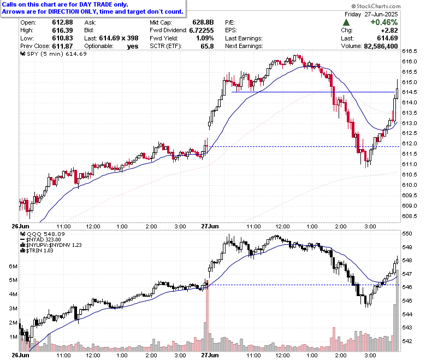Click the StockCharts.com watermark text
click(376, 6)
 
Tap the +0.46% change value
click(384, 22)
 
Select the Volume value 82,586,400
click(381, 46)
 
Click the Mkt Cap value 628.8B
click(203, 22)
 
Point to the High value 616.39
click(62, 30)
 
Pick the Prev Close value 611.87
click(62, 46)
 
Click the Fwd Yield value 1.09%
click(205, 38)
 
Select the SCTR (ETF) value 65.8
click(208, 46)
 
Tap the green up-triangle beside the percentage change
click(346, 22)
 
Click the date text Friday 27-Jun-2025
click(371, 14)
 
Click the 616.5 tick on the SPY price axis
click(410, 51)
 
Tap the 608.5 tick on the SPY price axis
click(410, 216)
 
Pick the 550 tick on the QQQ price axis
click(407, 234)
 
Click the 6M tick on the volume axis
click(13, 267)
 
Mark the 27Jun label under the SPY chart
click(210, 226)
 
